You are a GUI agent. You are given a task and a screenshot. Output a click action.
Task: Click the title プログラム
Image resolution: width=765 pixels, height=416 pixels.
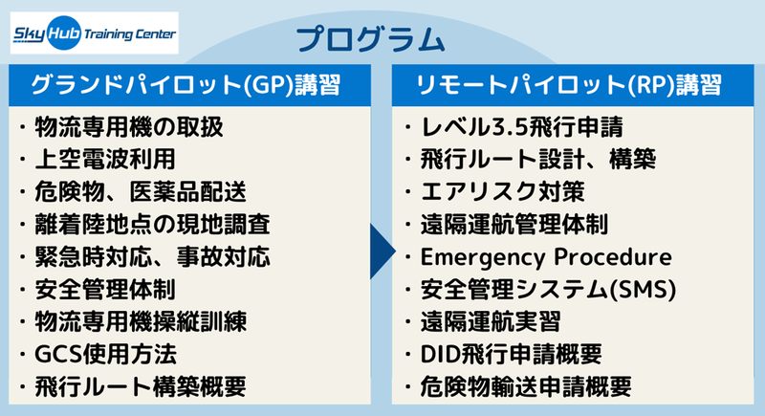[370, 39]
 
